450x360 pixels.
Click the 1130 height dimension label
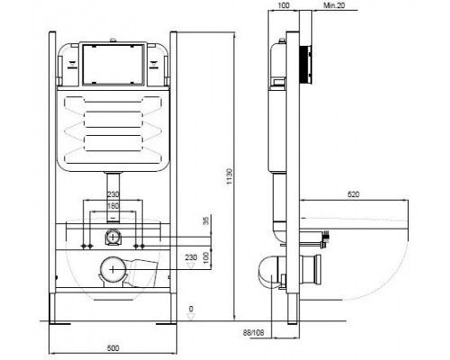(x=229, y=176)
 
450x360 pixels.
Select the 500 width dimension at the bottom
(x=113, y=348)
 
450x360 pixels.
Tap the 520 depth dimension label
(x=354, y=194)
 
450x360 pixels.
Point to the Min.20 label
(x=334, y=5)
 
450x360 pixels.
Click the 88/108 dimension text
(x=254, y=332)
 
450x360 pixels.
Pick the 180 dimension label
(x=113, y=206)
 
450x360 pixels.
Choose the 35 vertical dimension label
(x=206, y=221)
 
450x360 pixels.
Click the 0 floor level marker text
(x=191, y=309)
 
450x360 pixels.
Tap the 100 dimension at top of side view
(x=283, y=5)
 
